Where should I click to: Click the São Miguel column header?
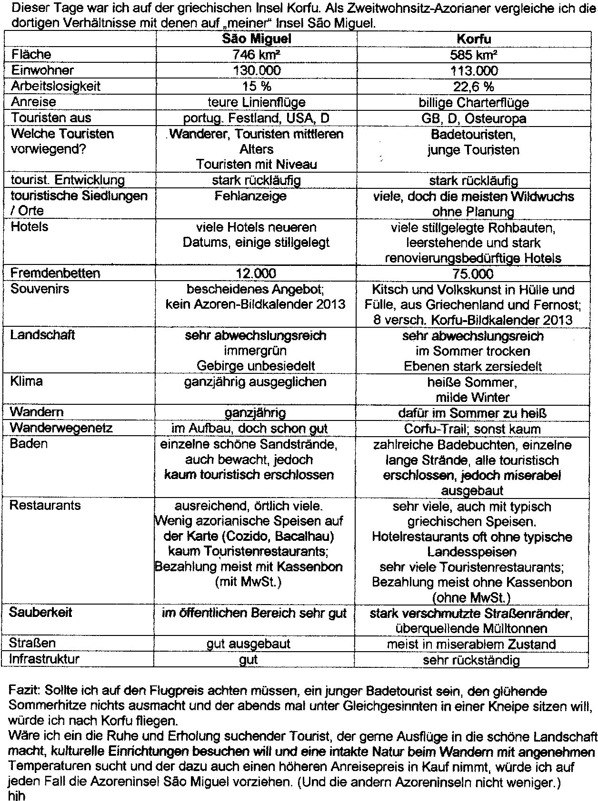point(257,39)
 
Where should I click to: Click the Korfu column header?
point(473,39)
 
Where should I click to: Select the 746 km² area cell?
point(257,55)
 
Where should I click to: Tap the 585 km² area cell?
point(473,55)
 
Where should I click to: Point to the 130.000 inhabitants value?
point(257,70)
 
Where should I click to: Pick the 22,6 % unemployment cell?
point(473,87)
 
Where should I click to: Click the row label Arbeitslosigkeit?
point(56,86)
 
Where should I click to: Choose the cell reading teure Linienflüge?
point(257,102)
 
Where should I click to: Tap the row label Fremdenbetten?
point(55,273)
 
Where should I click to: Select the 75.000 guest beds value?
point(473,274)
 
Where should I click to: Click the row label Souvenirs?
point(40,289)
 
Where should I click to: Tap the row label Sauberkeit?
point(40,612)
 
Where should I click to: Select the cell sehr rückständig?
point(471,660)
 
